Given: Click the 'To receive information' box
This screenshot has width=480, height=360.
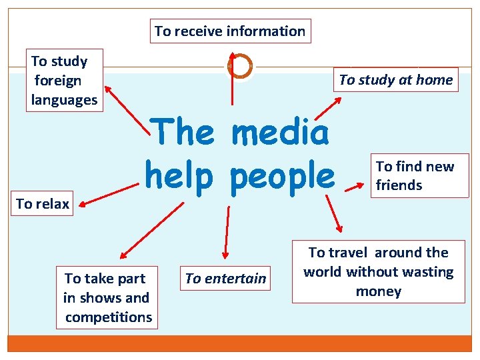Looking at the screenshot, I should click(x=230, y=31).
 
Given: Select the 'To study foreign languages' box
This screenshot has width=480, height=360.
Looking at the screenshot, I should click(x=64, y=80).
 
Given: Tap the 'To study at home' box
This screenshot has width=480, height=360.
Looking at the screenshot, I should click(x=395, y=80).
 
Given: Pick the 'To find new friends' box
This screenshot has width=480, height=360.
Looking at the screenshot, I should click(x=415, y=175).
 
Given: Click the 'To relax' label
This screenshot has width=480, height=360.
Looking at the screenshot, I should click(x=43, y=203).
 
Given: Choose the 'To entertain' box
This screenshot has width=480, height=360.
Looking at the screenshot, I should click(x=225, y=278).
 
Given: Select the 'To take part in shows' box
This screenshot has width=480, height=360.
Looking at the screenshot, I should click(x=107, y=297).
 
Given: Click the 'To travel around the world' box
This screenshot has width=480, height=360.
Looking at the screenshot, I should click(x=378, y=271).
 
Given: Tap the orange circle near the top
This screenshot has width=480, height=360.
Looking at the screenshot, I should click(x=239, y=66).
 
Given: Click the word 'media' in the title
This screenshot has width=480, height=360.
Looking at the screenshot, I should click(x=280, y=133).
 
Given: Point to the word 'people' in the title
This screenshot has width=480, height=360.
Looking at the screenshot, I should click(x=282, y=175).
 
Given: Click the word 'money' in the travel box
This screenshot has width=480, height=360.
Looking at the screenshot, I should click(x=378, y=291).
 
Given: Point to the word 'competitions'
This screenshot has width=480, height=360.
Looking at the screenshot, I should click(x=108, y=317).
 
